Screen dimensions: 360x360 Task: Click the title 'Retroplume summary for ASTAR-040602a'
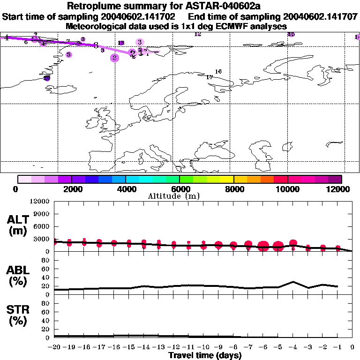(180, 6)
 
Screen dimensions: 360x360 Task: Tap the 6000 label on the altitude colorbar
(179, 189)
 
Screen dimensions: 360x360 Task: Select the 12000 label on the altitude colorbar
(340, 189)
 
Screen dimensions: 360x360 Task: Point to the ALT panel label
(18, 225)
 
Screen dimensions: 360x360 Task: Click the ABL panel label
(18, 276)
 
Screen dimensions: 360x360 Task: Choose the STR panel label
(18, 315)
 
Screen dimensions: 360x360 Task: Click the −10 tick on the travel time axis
(203, 347)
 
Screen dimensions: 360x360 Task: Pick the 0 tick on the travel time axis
(352, 347)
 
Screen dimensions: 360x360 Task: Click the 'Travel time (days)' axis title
(205, 356)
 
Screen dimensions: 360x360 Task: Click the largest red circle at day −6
(263, 246)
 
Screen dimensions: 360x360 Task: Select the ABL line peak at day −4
(293, 282)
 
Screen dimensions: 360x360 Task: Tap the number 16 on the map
(218, 72)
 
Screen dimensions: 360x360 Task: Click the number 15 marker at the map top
(291, 34)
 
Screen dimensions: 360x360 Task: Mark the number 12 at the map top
(197, 34)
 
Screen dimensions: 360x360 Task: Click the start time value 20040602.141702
(142, 17)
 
